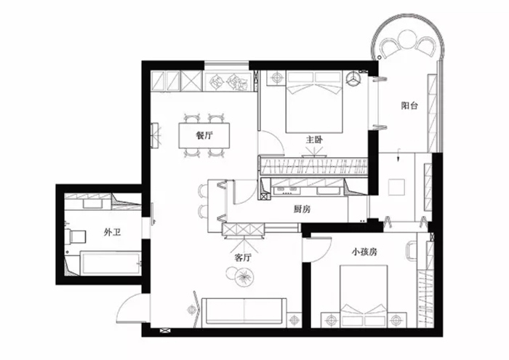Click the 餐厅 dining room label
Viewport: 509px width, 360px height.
point(204,135)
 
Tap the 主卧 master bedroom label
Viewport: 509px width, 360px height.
point(314,140)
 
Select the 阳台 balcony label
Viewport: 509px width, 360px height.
point(409,105)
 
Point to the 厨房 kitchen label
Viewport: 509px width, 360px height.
point(302,209)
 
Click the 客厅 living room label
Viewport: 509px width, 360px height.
point(243,258)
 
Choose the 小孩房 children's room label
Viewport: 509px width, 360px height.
point(364,252)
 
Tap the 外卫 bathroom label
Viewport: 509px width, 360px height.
point(112,233)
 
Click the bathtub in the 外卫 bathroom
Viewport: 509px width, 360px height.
point(111,263)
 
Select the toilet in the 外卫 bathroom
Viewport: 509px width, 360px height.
point(76,236)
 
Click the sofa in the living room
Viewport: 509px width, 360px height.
point(244,312)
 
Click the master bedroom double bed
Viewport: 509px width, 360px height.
point(314,102)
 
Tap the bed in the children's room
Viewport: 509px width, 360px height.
point(364,296)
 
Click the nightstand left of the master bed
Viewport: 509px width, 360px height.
point(276,78)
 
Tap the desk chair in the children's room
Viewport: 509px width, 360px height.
point(411,251)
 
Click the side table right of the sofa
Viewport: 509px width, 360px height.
point(294,320)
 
